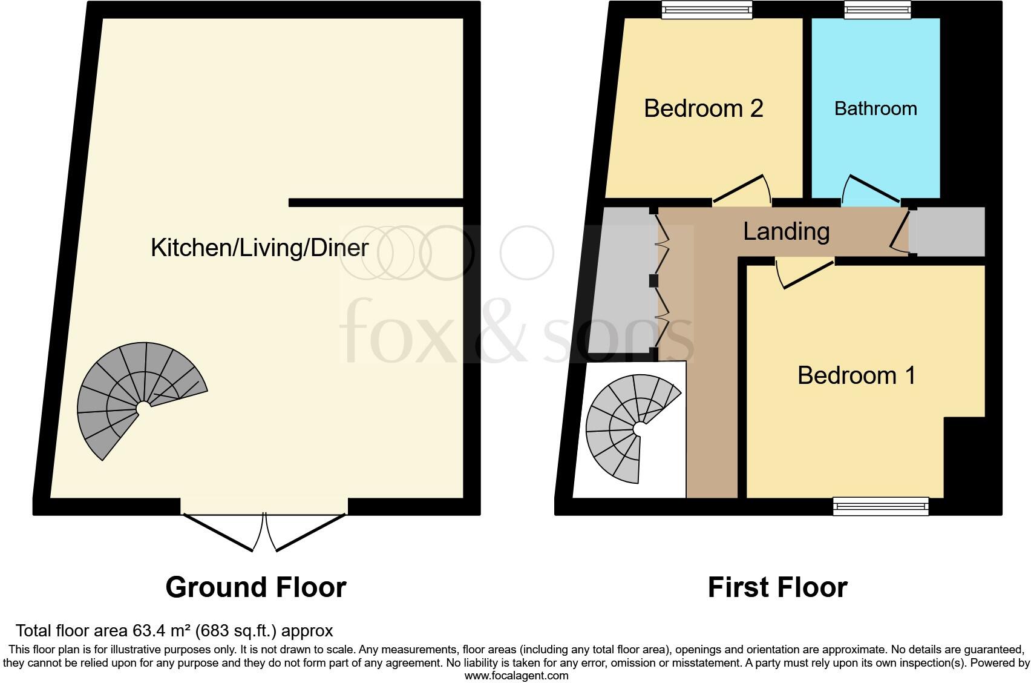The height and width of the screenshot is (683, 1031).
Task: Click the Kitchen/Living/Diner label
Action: (x=260, y=248)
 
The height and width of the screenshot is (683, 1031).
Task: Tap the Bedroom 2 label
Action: (x=703, y=109)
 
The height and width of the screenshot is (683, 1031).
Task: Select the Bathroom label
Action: (x=876, y=109)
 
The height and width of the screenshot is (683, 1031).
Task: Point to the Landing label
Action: (x=786, y=231)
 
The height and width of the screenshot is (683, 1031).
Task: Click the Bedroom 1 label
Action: (x=856, y=375)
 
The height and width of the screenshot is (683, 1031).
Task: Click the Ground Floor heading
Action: (x=255, y=587)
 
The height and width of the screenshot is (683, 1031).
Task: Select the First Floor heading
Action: (x=777, y=587)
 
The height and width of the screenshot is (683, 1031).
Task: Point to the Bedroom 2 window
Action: (x=707, y=10)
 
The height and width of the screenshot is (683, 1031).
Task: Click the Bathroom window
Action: (x=877, y=10)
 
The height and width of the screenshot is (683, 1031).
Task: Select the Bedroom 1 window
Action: (x=880, y=506)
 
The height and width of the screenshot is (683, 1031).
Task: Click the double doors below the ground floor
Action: (x=264, y=531)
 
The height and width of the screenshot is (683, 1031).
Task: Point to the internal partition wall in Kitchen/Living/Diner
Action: (x=375, y=203)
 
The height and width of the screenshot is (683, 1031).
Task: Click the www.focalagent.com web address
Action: (x=515, y=676)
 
